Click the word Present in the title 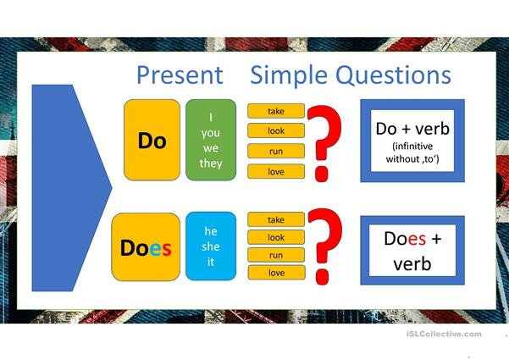[179, 75]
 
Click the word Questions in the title [392, 75]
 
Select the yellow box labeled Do [152, 141]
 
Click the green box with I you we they [211, 140]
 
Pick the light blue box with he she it [211, 246]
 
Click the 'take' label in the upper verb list [275, 112]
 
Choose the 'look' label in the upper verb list [275, 131]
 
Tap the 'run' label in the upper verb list [275, 152]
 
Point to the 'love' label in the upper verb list [275, 172]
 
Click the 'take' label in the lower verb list [275, 219]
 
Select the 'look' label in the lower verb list [275, 238]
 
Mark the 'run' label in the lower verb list [275, 254]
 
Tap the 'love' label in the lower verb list [275, 273]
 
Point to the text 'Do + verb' [412, 129]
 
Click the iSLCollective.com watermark [445, 334]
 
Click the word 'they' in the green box [211, 163]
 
